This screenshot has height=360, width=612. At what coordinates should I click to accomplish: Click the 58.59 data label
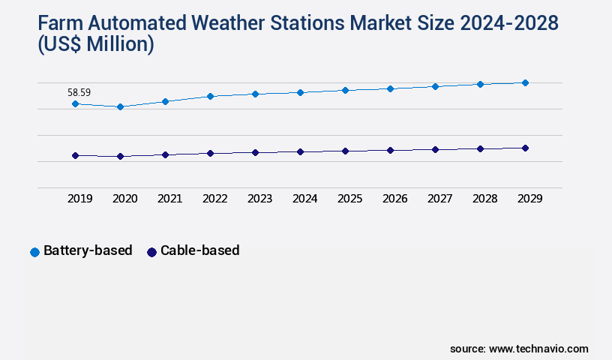79,92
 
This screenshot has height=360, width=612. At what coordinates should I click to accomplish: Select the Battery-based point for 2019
75,103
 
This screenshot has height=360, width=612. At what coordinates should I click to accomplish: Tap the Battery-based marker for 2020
120,106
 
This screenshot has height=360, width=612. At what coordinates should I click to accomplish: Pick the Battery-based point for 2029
525,82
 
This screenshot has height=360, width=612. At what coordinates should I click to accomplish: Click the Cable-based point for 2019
75,155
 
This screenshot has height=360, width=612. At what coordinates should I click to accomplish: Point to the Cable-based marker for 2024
300,151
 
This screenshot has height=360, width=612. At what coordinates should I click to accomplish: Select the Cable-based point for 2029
525,148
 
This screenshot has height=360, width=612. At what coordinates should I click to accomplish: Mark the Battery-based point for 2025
345,90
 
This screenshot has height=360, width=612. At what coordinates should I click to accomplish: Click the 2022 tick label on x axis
214,199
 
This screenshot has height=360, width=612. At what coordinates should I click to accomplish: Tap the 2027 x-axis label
439,199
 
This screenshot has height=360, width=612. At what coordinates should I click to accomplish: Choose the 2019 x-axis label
79,199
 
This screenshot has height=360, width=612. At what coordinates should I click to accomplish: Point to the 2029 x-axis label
529,199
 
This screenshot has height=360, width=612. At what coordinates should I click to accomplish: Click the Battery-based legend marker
34,252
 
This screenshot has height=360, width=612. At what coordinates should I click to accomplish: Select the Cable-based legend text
199,250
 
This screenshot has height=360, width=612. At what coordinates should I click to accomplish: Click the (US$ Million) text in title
95,45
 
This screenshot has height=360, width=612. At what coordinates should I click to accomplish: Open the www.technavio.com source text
538,349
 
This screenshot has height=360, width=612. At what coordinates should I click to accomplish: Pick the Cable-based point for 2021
165,154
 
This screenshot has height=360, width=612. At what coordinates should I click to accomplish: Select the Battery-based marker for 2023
255,94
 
